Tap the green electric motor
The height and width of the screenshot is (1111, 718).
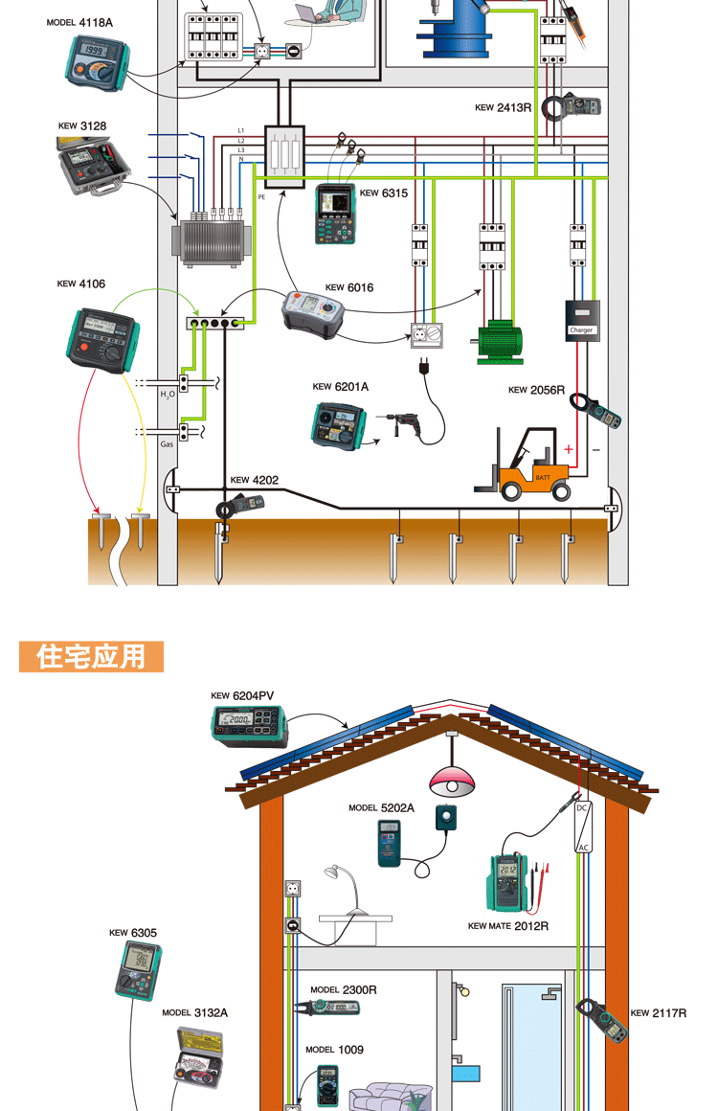click(x=498, y=341)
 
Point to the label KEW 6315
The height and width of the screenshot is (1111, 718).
click(x=383, y=193)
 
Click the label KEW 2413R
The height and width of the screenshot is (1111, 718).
click(x=503, y=108)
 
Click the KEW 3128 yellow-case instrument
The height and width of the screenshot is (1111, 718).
click(x=90, y=163)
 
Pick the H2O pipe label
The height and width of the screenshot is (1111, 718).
click(x=167, y=394)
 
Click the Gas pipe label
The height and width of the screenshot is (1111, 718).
click(x=167, y=444)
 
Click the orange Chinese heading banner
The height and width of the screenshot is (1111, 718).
click(x=92, y=657)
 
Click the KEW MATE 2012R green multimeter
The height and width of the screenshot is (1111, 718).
click(x=509, y=880)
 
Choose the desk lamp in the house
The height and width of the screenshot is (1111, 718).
click(x=347, y=887)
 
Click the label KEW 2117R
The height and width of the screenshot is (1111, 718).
click(x=659, y=1012)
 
